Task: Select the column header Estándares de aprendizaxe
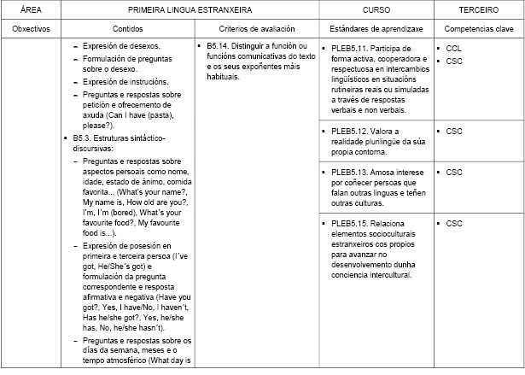(x=377, y=28)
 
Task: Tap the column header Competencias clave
(x=478, y=28)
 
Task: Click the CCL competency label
(x=455, y=48)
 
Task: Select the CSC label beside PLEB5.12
(x=455, y=132)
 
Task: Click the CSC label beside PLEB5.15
(x=455, y=224)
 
